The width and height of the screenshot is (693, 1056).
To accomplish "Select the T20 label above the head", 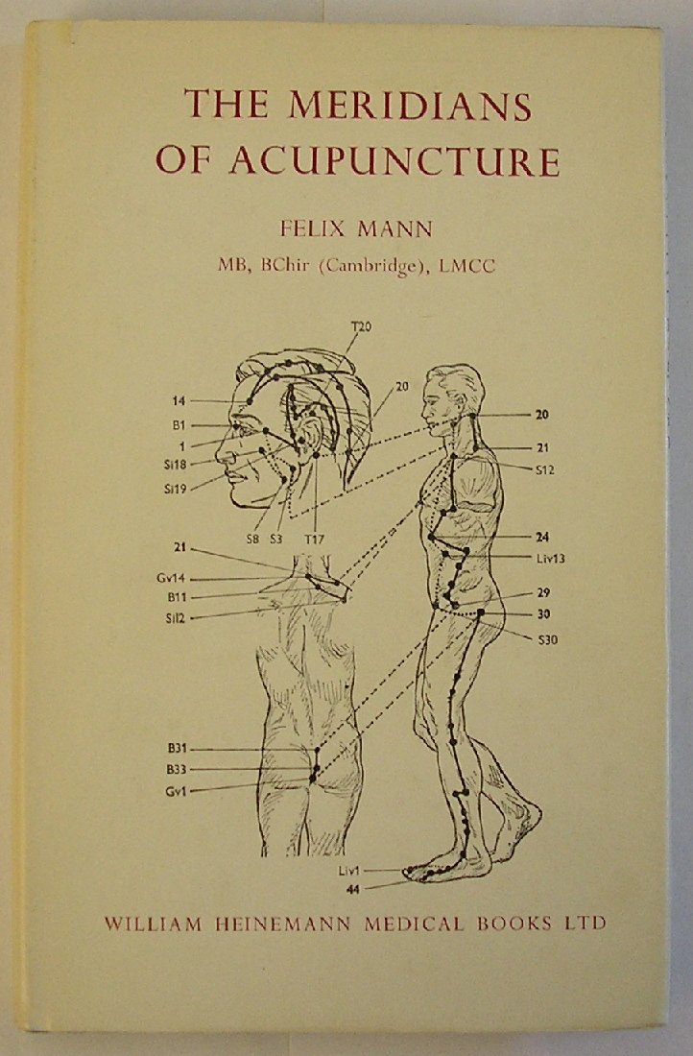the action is click(x=361, y=327).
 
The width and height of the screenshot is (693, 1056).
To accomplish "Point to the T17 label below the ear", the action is click(x=314, y=539).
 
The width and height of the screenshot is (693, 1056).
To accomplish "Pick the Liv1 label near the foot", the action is click(x=349, y=870).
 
